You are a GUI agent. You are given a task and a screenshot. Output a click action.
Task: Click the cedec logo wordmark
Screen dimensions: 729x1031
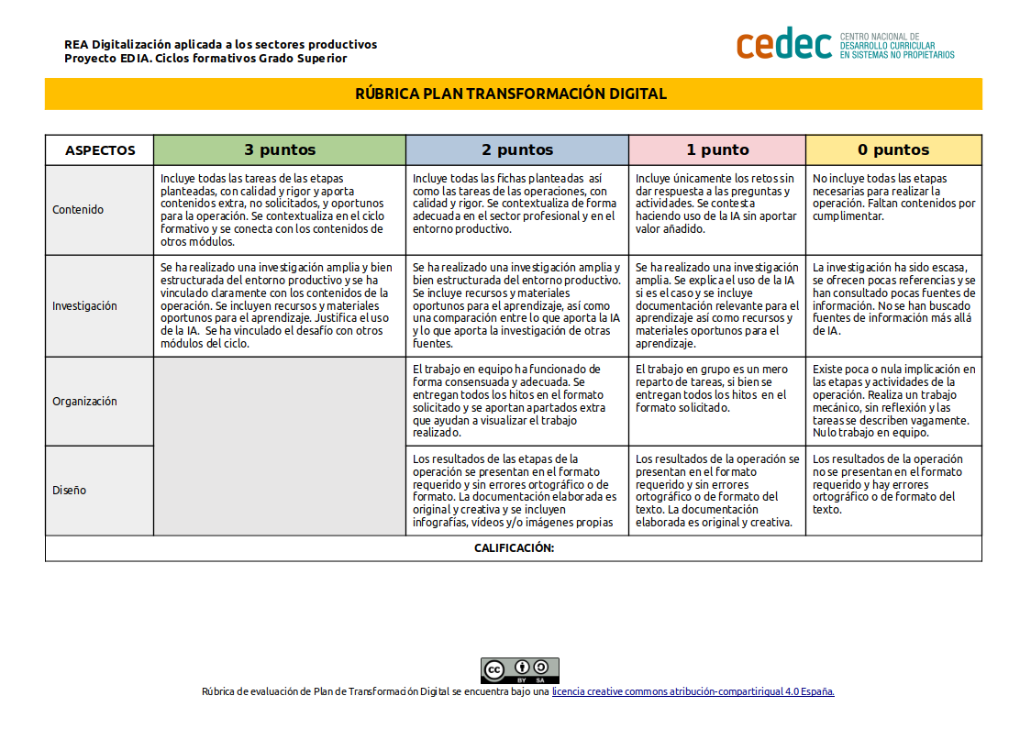[x=784, y=44]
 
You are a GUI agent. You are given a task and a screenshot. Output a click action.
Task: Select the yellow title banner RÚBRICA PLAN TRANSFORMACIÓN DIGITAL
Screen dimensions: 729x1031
[x=513, y=94]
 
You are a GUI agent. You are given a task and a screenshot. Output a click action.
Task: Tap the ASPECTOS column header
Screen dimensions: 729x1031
[x=100, y=150]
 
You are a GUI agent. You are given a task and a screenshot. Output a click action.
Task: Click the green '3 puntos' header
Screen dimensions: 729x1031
[x=280, y=150]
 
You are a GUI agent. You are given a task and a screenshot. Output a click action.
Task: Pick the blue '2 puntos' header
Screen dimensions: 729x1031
[x=517, y=150]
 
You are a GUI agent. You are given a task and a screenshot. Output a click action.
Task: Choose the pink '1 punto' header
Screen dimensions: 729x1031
[x=717, y=150]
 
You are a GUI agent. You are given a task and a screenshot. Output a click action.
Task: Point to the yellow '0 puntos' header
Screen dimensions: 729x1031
[x=893, y=150]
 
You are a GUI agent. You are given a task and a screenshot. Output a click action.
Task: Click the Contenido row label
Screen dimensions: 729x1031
[x=78, y=210]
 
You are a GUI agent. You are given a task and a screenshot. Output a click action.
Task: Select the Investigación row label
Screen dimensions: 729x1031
[x=84, y=306]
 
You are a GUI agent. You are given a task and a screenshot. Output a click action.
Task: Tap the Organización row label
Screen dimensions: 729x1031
[x=84, y=402]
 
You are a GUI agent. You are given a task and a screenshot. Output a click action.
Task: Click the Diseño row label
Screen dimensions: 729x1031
[x=69, y=491]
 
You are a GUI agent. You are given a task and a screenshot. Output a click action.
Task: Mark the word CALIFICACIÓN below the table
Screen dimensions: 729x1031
[x=514, y=548]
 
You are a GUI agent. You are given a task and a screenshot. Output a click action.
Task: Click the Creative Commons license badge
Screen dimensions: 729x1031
[x=520, y=670]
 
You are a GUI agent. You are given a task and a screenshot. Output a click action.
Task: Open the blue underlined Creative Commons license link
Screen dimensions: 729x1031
[x=693, y=692]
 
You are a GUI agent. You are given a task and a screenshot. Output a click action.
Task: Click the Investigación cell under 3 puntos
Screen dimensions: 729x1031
[x=279, y=305]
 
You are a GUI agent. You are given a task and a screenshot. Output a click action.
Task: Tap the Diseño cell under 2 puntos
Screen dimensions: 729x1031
[x=516, y=491]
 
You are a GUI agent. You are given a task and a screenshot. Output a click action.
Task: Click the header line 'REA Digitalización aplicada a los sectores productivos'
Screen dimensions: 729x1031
[x=220, y=44]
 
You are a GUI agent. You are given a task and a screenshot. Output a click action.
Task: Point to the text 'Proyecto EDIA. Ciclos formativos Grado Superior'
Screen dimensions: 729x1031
[x=205, y=59]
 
